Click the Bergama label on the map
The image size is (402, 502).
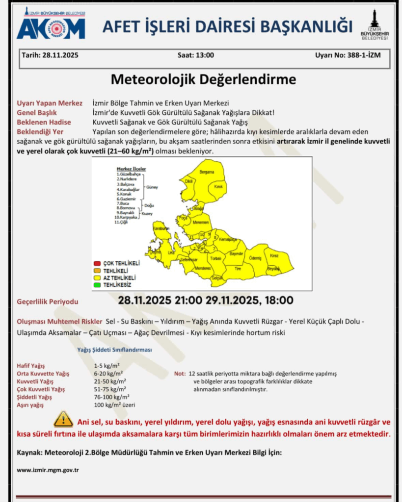tap(206, 173)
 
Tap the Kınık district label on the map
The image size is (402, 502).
tap(219, 187)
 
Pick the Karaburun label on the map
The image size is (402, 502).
tap(161, 229)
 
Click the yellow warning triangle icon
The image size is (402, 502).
tap(63, 419)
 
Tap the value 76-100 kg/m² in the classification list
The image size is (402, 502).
tap(111, 397)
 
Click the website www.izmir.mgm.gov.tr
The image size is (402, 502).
tap(48, 470)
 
